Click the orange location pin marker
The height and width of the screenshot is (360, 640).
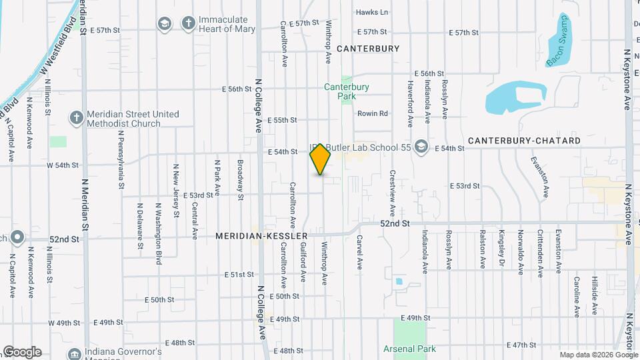point(321,159)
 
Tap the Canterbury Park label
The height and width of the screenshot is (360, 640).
point(346,91)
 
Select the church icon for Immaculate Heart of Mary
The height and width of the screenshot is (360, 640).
point(189,24)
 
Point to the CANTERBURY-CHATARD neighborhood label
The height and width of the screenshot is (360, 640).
point(524,141)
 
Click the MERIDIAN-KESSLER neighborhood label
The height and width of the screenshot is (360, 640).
point(261,236)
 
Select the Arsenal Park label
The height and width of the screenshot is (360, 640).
point(409,349)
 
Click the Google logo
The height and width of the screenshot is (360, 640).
point(22,352)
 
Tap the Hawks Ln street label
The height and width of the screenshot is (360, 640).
point(371,12)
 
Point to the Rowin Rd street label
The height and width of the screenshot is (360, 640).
point(372,113)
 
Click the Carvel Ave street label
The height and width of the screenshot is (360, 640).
point(359,252)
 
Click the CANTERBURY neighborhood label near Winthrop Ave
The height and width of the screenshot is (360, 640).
point(368,49)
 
